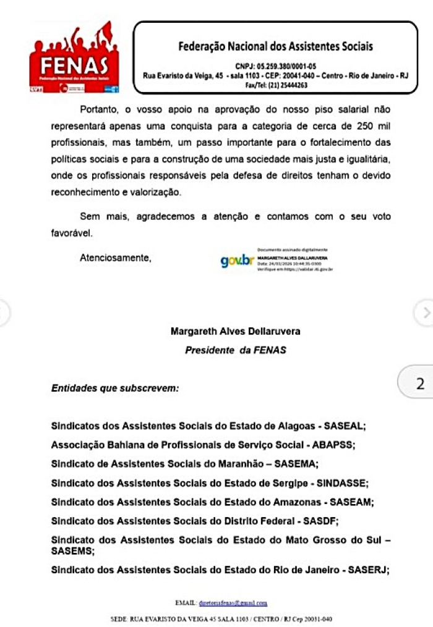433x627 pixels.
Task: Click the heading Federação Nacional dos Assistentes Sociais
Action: pyautogui.click(x=275, y=46)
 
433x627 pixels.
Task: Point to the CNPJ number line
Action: pyautogui.click(x=275, y=65)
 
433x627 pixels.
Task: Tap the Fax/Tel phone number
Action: pyautogui.click(x=275, y=85)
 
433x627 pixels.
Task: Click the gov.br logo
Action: pyautogui.click(x=237, y=261)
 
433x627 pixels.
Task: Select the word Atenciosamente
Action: pyautogui.click(x=115, y=258)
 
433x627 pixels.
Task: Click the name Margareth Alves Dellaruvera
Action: pyautogui.click(x=235, y=332)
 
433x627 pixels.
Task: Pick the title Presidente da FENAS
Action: pyautogui.click(x=235, y=350)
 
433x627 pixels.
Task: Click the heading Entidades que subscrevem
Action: pyautogui.click(x=115, y=389)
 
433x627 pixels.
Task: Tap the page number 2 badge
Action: pyautogui.click(x=420, y=384)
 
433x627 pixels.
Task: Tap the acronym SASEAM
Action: pyautogui.click(x=351, y=502)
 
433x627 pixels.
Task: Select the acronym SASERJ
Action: pyautogui.click(x=366, y=570)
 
